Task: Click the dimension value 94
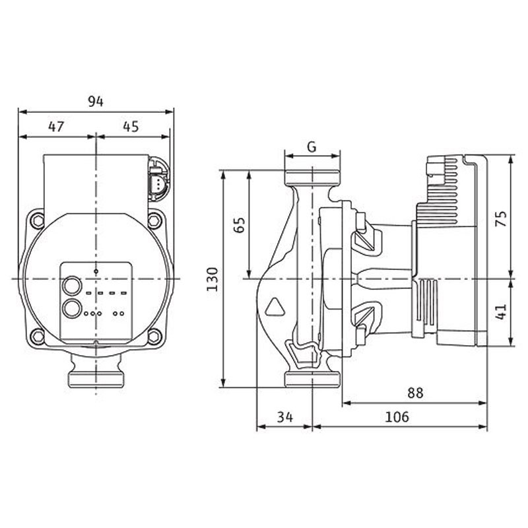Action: click(96, 101)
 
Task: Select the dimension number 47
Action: click(56, 127)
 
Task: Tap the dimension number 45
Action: click(131, 127)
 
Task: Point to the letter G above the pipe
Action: click(312, 147)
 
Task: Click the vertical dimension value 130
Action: click(213, 279)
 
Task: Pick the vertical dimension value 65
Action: click(240, 225)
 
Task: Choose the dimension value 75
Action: click(502, 219)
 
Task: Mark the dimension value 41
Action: click(502, 312)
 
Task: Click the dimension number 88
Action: click(415, 393)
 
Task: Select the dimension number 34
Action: click(285, 417)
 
